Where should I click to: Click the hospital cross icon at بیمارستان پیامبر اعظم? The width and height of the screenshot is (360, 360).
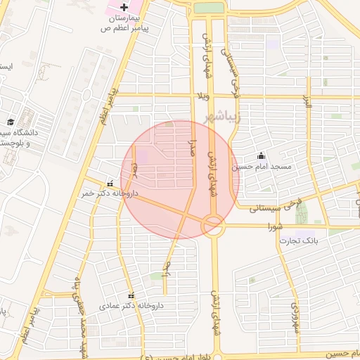click(x=124, y=6)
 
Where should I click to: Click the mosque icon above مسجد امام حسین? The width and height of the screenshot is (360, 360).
click(x=262, y=155)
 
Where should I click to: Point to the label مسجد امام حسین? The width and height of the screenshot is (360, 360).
click(x=262, y=167)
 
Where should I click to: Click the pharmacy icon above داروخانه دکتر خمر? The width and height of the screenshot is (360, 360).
click(x=109, y=181)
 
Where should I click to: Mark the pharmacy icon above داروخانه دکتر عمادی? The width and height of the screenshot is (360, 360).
click(x=131, y=295)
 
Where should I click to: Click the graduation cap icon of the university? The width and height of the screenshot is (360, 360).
click(x=11, y=122)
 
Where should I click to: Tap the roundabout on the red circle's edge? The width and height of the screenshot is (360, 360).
click(x=213, y=226)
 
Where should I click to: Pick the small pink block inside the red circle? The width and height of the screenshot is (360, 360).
click(x=143, y=155)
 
